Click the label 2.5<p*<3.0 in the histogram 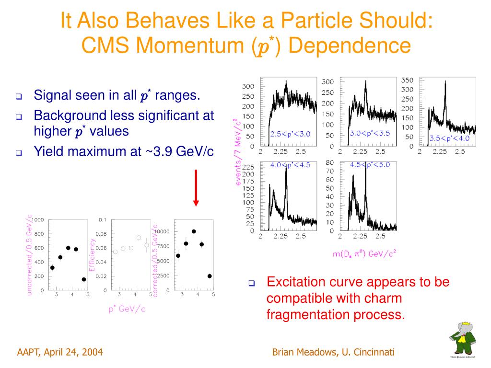[x=290, y=134]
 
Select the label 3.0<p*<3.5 [x=369, y=133]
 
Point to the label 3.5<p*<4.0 [x=449, y=138]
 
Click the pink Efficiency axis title [x=92, y=255]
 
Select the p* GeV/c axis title [x=127, y=309]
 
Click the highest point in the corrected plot [x=194, y=231]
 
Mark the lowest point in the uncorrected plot [x=84, y=279]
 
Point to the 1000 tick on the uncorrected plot [x=38, y=220]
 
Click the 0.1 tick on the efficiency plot [x=103, y=220]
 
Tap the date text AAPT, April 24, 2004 [x=60, y=353]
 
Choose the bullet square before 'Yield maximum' [x=19, y=153]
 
